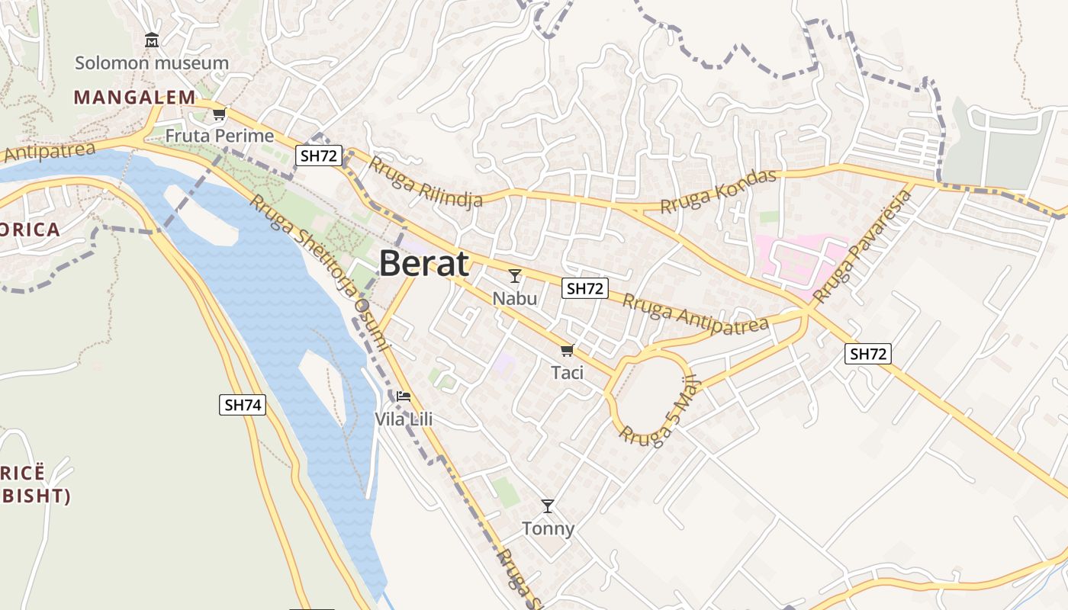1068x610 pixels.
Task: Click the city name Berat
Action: (x=423, y=264)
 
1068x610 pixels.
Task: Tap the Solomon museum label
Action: (x=152, y=63)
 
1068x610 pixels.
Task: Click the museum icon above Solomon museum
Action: (x=152, y=40)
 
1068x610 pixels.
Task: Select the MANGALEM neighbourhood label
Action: (x=134, y=97)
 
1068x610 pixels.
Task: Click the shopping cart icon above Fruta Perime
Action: (x=220, y=114)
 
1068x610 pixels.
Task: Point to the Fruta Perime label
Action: (x=220, y=136)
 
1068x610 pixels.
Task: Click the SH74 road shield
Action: (x=243, y=405)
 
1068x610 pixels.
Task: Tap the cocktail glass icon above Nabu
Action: (x=515, y=275)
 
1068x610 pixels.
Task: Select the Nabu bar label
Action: (x=515, y=297)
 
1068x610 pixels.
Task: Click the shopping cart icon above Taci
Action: (x=567, y=350)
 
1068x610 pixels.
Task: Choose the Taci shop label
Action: (x=567, y=372)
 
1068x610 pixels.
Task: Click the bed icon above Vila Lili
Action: (x=404, y=396)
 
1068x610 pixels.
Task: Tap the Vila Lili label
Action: (x=404, y=419)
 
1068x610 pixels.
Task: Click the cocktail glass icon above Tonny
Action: (x=548, y=506)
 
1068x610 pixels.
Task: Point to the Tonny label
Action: (x=548, y=528)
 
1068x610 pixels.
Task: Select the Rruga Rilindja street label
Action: (x=426, y=181)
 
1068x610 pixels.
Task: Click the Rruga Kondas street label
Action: (x=718, y=191)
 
